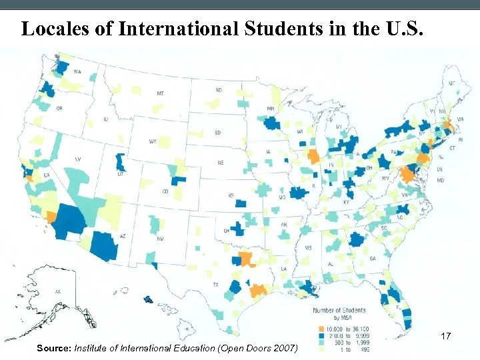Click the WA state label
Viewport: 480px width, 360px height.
point(77,71)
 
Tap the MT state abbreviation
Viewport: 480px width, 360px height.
point(160,94)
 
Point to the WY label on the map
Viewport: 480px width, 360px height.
point(153,141)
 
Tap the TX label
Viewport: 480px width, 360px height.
point(216,285)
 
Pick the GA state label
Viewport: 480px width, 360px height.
point(372,258)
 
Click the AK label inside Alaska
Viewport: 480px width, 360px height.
point(39,291)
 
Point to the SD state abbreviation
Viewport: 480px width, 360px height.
point(217,133)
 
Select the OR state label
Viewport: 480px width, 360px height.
point(59,108)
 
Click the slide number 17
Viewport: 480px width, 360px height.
point(445,337)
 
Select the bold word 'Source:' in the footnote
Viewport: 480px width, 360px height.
point(54,349)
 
